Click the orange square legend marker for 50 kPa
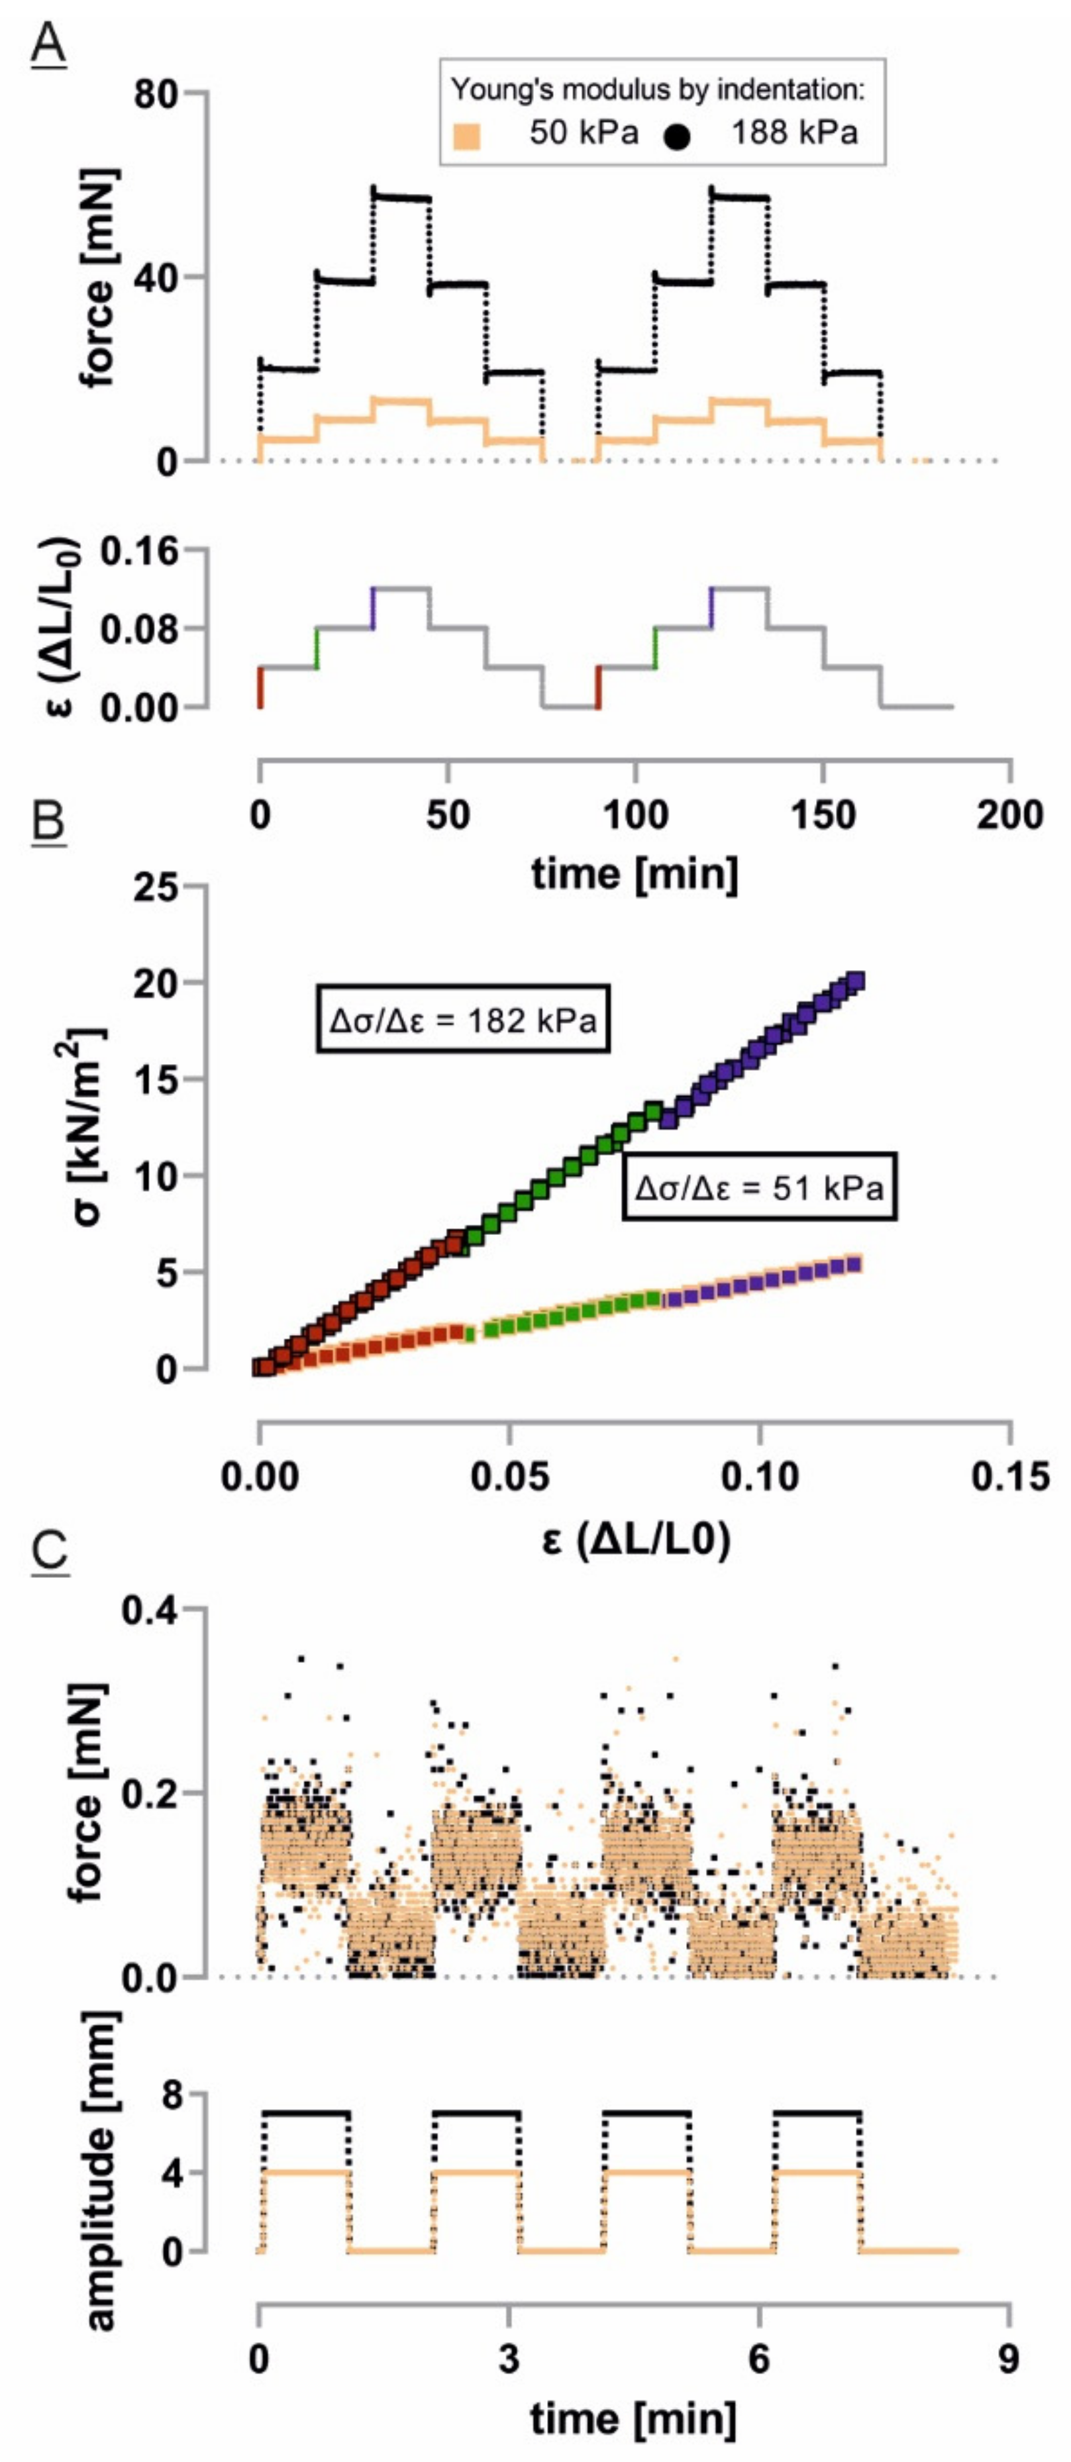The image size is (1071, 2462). tap(466, 136)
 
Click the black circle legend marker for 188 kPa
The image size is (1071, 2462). tap(678, 136)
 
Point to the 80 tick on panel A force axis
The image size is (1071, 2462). tap(154, 93)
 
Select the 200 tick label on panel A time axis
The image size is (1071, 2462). tap(1010, 814)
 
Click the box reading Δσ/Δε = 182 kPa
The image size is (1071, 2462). tap(464, 1020)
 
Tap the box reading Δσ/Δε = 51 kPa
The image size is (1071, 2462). tap(759, 1188)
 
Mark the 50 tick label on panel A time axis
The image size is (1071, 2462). tap(448, 814)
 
